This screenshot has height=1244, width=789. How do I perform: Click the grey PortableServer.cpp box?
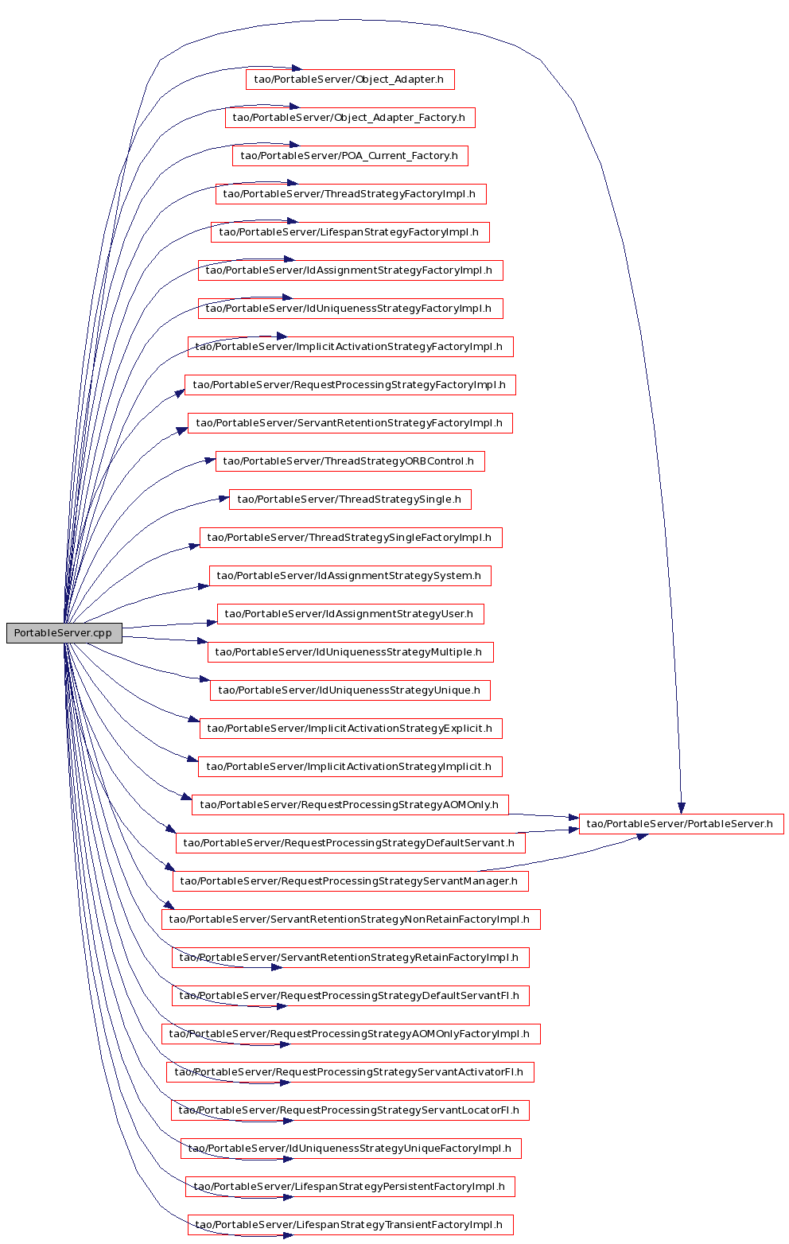point(64,633)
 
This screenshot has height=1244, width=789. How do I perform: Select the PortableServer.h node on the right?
point(681,824)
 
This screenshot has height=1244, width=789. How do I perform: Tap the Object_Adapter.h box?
point(350,80)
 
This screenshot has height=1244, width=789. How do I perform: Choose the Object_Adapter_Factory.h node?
point(350,118)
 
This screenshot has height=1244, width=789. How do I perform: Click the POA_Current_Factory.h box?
point(350,156)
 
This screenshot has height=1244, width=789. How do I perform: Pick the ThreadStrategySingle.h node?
point(350,500)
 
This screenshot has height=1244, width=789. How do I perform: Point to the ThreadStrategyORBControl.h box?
point(350,461)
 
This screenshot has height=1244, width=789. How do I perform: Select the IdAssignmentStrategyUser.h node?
point(351,614)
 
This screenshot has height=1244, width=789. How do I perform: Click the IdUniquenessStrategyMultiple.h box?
point(351,652)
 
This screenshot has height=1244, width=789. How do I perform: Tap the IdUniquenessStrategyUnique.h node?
point(350,690)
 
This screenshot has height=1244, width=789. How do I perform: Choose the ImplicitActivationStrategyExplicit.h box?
point(351,729)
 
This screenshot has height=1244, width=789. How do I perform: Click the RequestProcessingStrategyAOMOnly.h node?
point(350,805)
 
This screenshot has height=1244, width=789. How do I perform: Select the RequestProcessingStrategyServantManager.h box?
point(351,881)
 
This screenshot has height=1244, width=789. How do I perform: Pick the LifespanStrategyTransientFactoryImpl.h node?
point(351,1225)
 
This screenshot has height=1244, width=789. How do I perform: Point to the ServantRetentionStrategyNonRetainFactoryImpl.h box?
point(351,919)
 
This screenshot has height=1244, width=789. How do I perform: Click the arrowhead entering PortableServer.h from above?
point(682,809)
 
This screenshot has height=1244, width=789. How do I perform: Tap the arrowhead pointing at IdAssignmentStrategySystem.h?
point(204,586)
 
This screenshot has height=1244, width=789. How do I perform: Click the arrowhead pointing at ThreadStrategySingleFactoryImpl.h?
point(194,546)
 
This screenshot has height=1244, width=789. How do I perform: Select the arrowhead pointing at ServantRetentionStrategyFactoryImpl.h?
point(183,430)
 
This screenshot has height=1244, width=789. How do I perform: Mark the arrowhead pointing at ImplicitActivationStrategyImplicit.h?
point(192,759)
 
